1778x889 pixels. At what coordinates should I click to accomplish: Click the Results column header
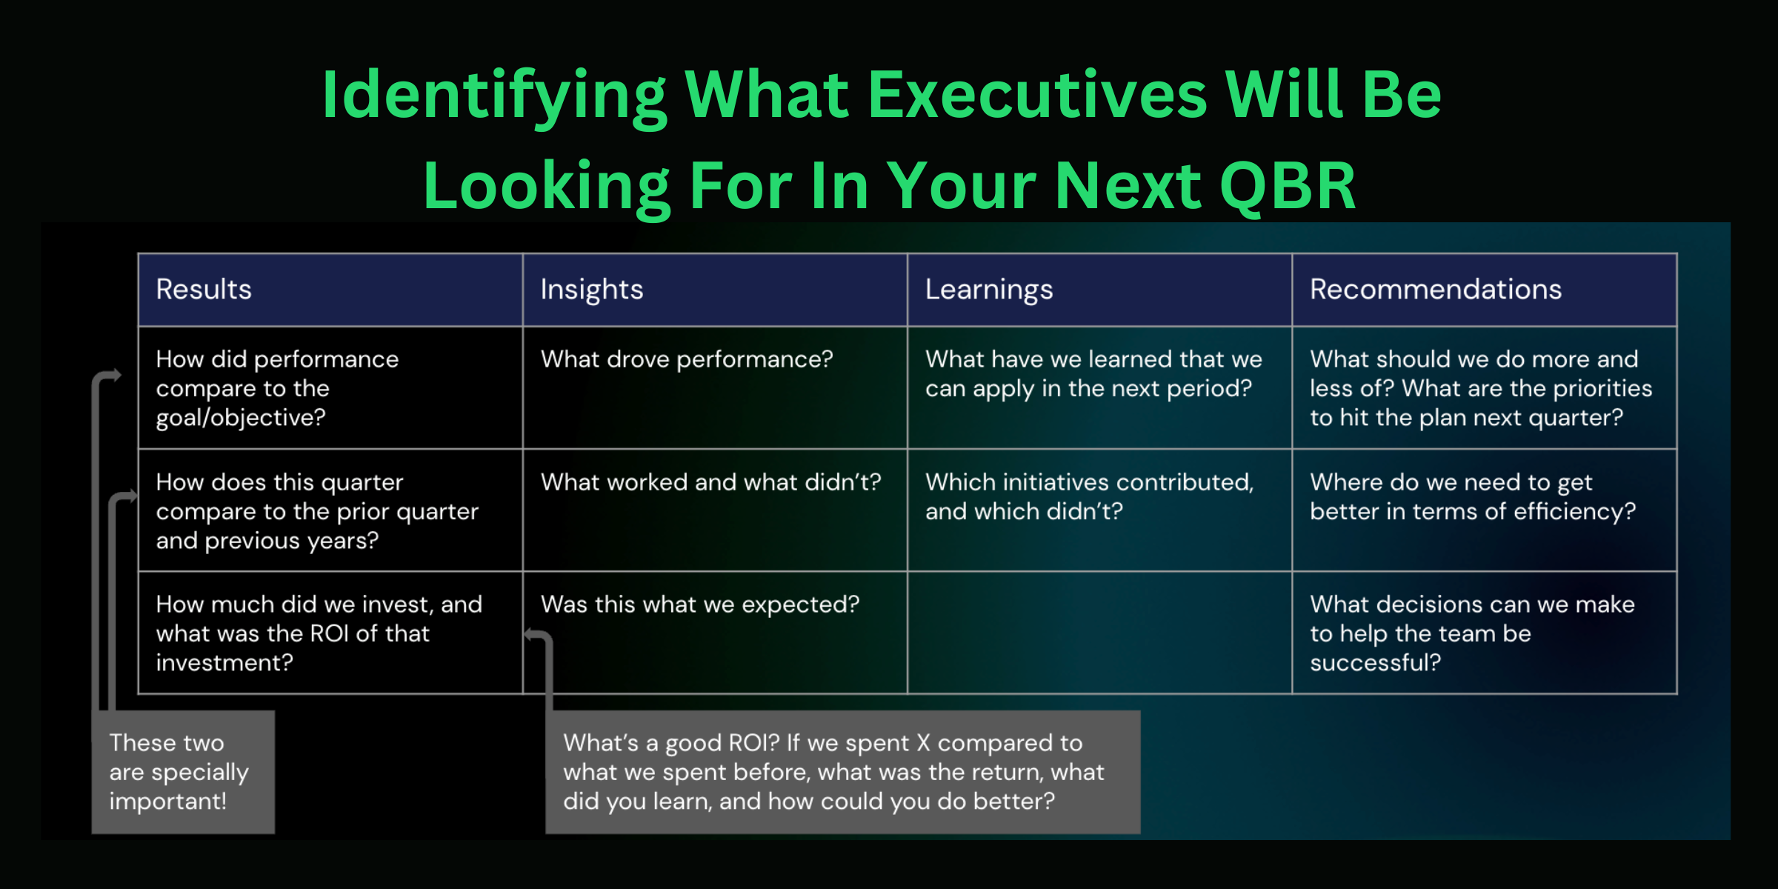click(330, 290)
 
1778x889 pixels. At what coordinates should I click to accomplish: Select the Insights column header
click(714, 290)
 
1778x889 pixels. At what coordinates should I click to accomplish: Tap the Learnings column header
click(1099, 290)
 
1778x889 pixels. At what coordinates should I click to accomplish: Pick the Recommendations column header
click(1484, 290)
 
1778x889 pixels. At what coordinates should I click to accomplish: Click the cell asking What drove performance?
click(714, 387)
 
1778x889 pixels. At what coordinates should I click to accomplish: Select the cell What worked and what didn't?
click(714, 510)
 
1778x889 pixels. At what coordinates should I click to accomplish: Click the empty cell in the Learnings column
click(1099, 632)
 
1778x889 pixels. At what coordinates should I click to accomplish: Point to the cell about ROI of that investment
click(330, 632)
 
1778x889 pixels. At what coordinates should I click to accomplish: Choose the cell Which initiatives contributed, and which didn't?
click(1099, 510)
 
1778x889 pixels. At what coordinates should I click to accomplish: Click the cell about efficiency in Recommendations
click(1484, 510)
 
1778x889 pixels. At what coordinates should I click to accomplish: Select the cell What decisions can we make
click(1484, 632)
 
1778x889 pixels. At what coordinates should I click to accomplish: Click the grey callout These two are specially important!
click(183, 772)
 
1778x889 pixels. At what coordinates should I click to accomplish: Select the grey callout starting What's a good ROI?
click(842, 772)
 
